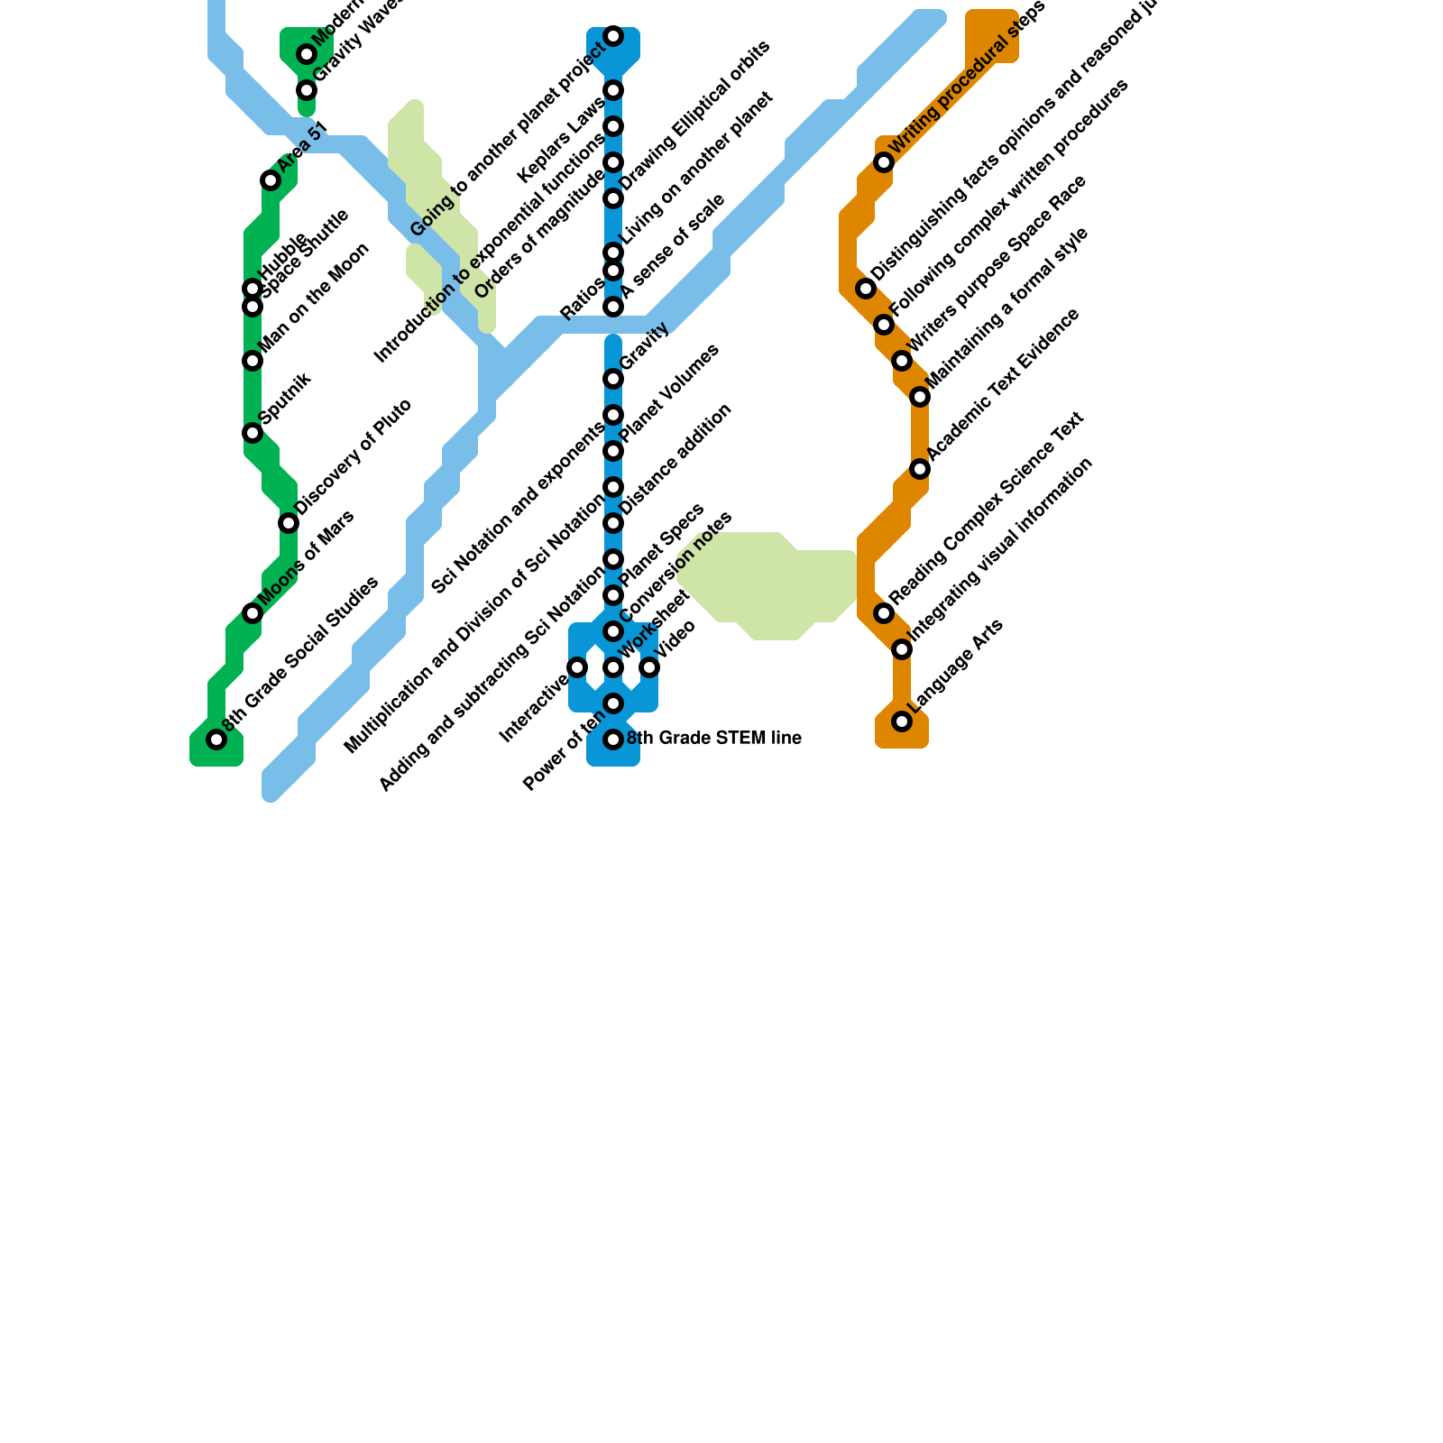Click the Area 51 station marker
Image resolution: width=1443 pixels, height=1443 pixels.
tap(271, 180)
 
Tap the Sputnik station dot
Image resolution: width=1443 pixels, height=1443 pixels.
tap(253, 433)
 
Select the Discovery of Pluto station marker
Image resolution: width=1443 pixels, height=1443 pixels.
tap(289, 523)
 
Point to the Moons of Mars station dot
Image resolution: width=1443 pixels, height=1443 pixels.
tap(253, 613)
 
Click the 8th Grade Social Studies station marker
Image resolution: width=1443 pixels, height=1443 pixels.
tap(216, 740)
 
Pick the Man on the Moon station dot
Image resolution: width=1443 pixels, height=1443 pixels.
tap(253, 361)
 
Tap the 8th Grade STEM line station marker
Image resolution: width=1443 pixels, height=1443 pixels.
tap(613, 740)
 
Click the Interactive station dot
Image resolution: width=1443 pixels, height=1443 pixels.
tap(577, 667)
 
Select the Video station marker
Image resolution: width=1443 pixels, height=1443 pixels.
tap(649, 667)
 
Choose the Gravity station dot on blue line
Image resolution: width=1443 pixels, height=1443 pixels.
tap(613, 379)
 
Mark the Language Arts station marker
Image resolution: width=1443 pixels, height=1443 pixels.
tap(902, 721)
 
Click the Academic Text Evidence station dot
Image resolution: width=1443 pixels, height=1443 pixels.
tap(920, 469)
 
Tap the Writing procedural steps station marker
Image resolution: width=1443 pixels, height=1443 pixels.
tap(884, 162)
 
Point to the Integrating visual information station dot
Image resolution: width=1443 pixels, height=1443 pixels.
tap(902, 649)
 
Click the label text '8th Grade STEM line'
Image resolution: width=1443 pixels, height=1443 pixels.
tap(713, 739)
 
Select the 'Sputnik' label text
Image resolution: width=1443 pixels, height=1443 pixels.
tap(285, 397)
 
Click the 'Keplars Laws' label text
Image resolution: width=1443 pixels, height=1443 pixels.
tap(561, 140)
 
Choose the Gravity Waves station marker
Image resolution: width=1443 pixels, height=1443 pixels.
tap(307, 90)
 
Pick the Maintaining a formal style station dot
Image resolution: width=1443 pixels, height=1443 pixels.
tap(920, 397)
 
